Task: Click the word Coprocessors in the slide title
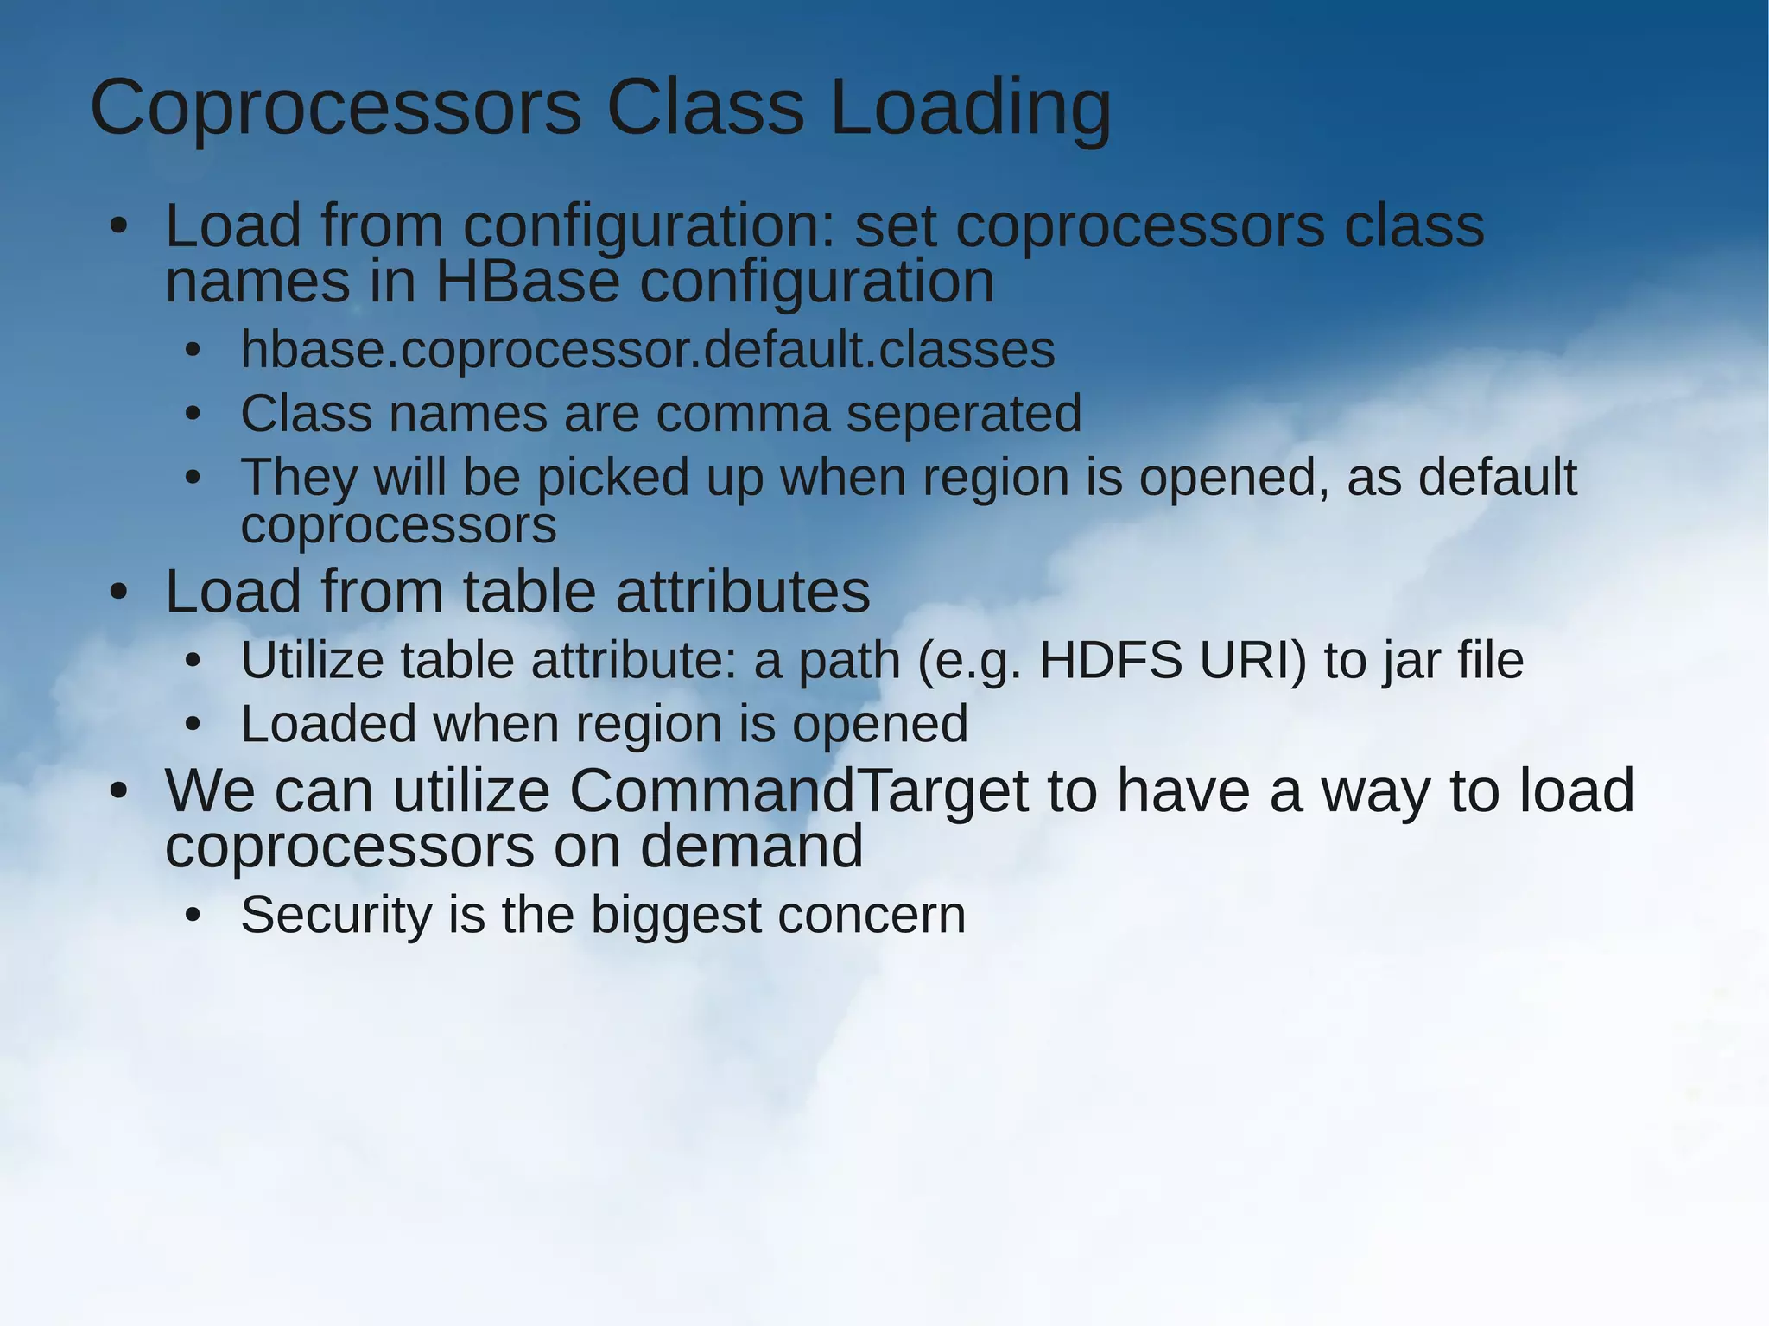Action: click(336, 108)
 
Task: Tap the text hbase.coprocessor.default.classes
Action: click(647, 350)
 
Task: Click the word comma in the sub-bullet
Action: click(742, 414)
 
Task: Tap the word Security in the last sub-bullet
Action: click(335, 916)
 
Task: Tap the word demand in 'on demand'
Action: click(751, 846)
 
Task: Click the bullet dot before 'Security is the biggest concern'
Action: click(193, 916)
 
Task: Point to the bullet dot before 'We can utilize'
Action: click(118, 792)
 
